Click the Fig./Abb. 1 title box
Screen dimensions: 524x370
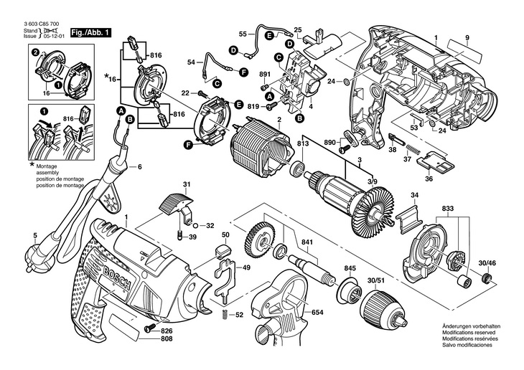click(x=90, y=33)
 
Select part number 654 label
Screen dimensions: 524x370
click(x=317, y=313)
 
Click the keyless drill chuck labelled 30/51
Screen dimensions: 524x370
click(x=384, y=308)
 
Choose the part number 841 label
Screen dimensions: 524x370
click(x=307, y=242)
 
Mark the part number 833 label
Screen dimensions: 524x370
click(x=447, y=209)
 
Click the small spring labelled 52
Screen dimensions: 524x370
click(x=225, y=314)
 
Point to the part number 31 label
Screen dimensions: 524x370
click(x=186, y=185)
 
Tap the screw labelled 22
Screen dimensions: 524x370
click(x=201, y=93)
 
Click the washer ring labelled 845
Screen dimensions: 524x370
click(x=350, y=288)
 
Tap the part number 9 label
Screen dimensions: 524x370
click(x=467, y=38)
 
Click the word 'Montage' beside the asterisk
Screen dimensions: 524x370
click(x=47, y=166)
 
